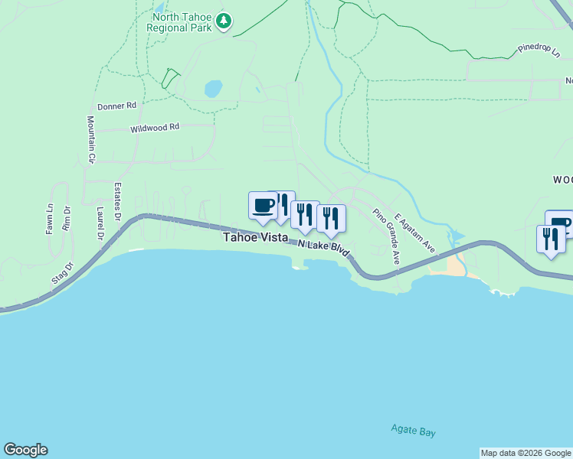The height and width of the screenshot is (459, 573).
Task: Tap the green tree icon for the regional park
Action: click(223, 21)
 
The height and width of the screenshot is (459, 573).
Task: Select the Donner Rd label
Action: click(116, 106)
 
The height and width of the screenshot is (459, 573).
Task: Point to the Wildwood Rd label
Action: click(154, 127)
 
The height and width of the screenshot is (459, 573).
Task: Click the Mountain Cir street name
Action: click(90, 139)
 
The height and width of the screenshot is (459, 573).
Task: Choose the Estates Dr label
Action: click(118, 202)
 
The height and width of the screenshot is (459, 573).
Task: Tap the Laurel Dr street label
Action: click(100, 223)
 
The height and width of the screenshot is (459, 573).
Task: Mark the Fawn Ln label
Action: click(50, 218)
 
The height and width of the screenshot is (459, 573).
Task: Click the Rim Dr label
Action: click(67, 219)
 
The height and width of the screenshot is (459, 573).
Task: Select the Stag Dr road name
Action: click(62, 274)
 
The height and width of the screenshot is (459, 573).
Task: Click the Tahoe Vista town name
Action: click(255, 238)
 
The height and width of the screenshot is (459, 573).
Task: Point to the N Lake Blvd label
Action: click(323, 249)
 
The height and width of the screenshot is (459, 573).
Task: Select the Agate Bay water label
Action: click(413, 431)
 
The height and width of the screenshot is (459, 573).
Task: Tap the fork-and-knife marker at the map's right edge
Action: click(551, 240)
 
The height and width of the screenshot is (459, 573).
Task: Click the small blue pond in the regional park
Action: click(213, 89)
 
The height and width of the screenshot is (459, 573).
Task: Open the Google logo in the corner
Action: click(25, 450)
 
